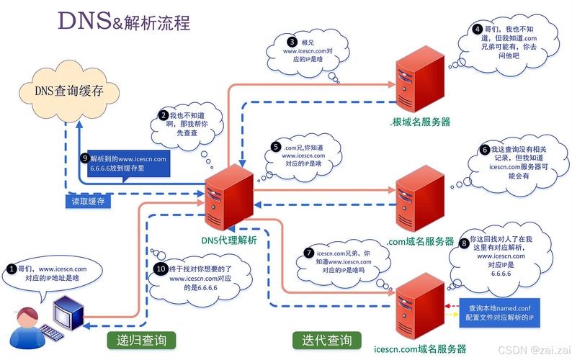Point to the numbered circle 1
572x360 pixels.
click(x=12, y=269)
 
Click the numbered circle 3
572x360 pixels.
click(x=292, y=42)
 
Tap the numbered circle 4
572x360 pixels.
click(x=477, y=30)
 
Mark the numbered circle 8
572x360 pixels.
click(x=464, y=243)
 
